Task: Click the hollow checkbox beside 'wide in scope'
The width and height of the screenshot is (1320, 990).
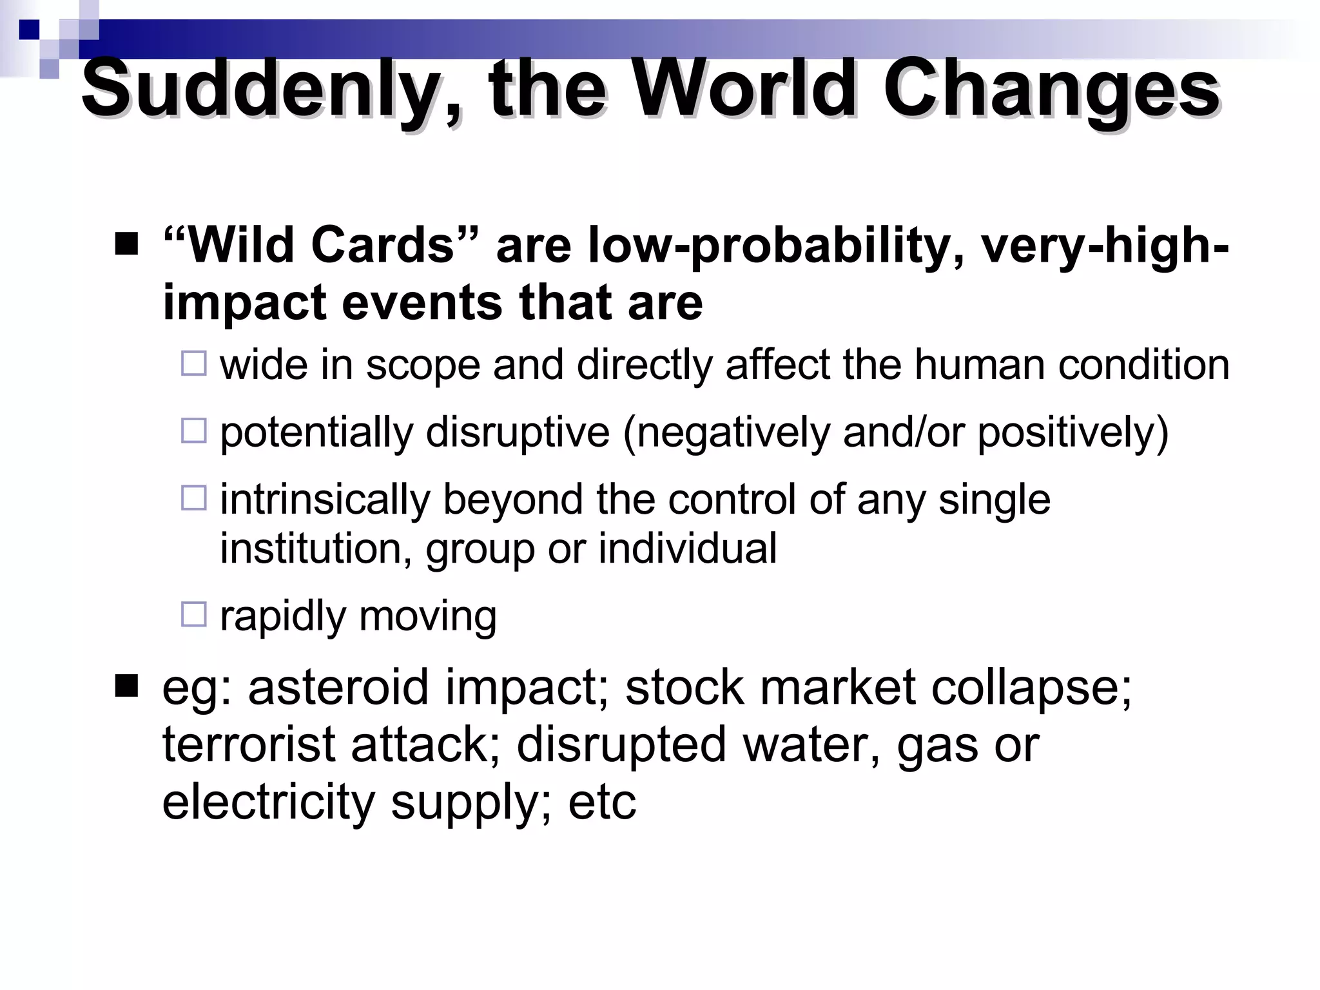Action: tap(194, 364)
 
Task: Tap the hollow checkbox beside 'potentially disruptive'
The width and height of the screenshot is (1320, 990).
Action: tap(194, 431)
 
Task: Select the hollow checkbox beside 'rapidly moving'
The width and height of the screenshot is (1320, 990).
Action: tap(194, 614)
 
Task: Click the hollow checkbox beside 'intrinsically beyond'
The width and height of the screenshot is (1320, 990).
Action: tap(194, 498)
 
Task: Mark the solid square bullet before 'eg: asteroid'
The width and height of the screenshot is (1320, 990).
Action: tap(126, 687)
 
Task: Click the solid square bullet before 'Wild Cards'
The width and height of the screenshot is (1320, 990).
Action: tap(126, 244)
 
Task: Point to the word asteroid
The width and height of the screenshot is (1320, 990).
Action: tap(338, 687)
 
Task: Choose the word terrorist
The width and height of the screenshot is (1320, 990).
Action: tap(249, 744)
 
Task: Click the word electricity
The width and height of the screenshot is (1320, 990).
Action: tap(268, 802)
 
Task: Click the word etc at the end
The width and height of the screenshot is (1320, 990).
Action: tap(602, 802)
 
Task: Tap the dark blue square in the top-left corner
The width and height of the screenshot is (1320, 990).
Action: tap(29, 30)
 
